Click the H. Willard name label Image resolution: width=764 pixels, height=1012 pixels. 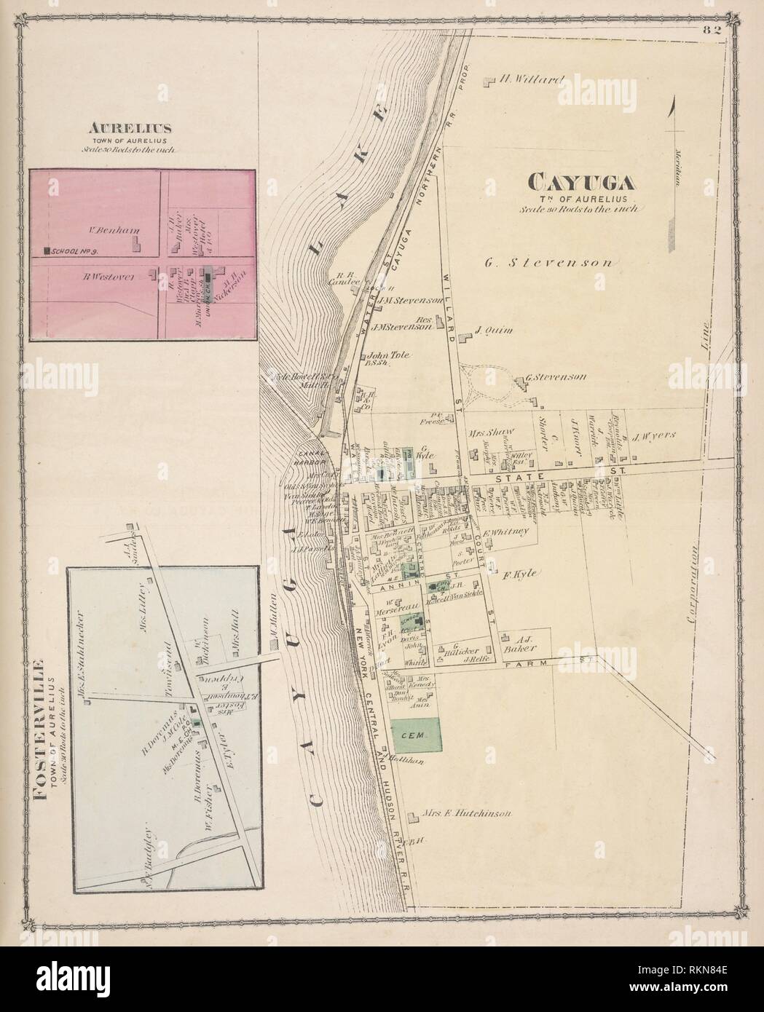click(x=531, y=81)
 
